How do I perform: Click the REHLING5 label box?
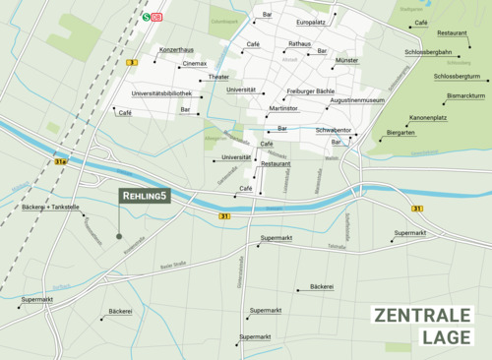144,197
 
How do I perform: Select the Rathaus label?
299,44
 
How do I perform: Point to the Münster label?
347,60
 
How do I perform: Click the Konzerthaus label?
177,48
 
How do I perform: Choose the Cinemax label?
194,63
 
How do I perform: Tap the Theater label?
218,77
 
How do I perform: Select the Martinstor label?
283,108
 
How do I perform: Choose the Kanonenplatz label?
428,117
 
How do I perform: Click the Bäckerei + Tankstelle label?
49,207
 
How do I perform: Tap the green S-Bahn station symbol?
146,16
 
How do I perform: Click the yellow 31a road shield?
60,161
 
